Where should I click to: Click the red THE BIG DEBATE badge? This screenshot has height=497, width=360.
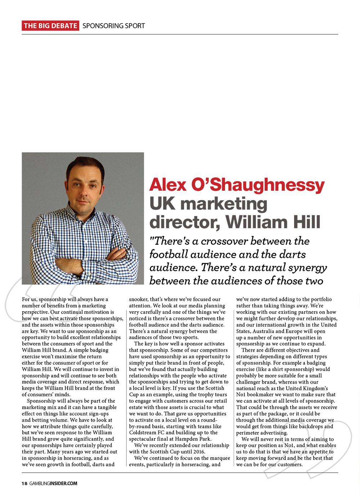pos(50,26)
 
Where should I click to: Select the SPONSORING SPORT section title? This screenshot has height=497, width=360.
pos(114,26)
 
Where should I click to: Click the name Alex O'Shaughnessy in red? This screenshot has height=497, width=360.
pos(237,185)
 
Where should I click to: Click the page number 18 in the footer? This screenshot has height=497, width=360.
pos(24,483)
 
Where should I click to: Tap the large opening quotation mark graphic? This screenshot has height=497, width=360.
pos(34,302)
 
